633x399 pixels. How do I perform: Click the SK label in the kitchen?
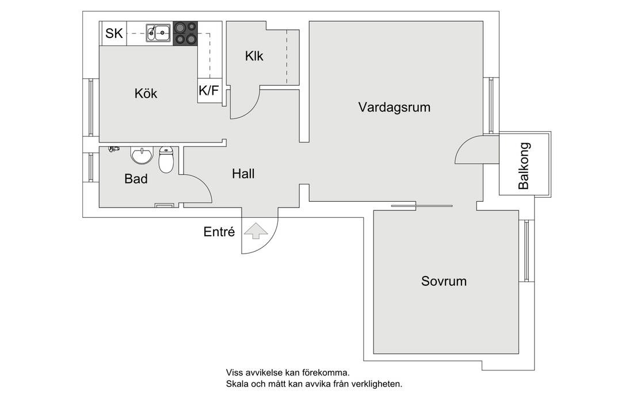pyautogui.click(x=114, y=33)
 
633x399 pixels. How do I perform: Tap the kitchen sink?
pyautogui.click(x=158, y=33)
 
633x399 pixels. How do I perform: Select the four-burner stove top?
pyautogui.click(x=185, y=33)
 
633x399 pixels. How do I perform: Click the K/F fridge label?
pyautogui.click(x=208, y=90)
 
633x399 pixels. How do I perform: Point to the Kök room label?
pyautogui.click(x=146, y=93)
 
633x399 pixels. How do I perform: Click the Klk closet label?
pyautogui.click(x=254, y=56)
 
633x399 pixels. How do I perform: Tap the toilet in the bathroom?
pyautogui.click(x=166, y=160)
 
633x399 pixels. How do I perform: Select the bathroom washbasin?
pyautogui.click(x=141, y=155)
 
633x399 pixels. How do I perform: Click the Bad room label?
pyautogui.click(x=136, y=179)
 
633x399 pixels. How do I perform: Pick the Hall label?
pyautogui.click(x=243, y=174)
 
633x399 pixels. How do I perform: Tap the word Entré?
pyautogui.click(x=219, y=232)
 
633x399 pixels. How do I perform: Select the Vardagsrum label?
pyautogui.click(x=394, y=107)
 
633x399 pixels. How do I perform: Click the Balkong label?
pyautogui.click(x=524, y=166)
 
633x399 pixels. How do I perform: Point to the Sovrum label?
pyautogui.click(x=444, y=282)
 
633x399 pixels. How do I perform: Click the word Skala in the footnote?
pyautogui.click(x=237, y=383)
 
